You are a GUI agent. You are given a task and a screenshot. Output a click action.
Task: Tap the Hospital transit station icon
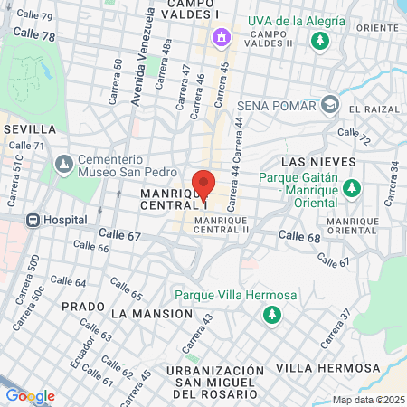(x=33, y=220)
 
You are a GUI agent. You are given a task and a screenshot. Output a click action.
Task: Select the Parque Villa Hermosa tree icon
(x=270, y=314)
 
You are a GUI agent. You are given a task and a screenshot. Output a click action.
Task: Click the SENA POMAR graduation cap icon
(x=330, y=106)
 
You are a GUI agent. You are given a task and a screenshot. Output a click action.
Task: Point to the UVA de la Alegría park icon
(x=319, y=40)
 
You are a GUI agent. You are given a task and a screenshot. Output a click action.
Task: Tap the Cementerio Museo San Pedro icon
(x=62, y=165)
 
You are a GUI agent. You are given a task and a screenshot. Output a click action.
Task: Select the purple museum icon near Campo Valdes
(x=219, y=38)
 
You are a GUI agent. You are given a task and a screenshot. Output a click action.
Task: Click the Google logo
(x=30, y=396)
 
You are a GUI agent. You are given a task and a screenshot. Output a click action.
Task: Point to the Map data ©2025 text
(x=367, y=400)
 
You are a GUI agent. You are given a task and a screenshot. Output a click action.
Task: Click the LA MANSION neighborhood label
(x=151, y=314)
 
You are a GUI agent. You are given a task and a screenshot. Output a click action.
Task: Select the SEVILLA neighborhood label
(x=30, y=129)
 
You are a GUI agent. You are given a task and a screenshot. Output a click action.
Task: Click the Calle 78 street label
(x=35, y=35)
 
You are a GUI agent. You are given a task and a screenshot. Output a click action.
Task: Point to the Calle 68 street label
(x=300, y=235)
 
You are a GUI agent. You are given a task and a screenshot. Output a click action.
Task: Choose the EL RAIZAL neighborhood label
(x=367, y=109)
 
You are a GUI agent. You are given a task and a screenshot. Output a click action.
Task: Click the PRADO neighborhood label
(x=83, y=307)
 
